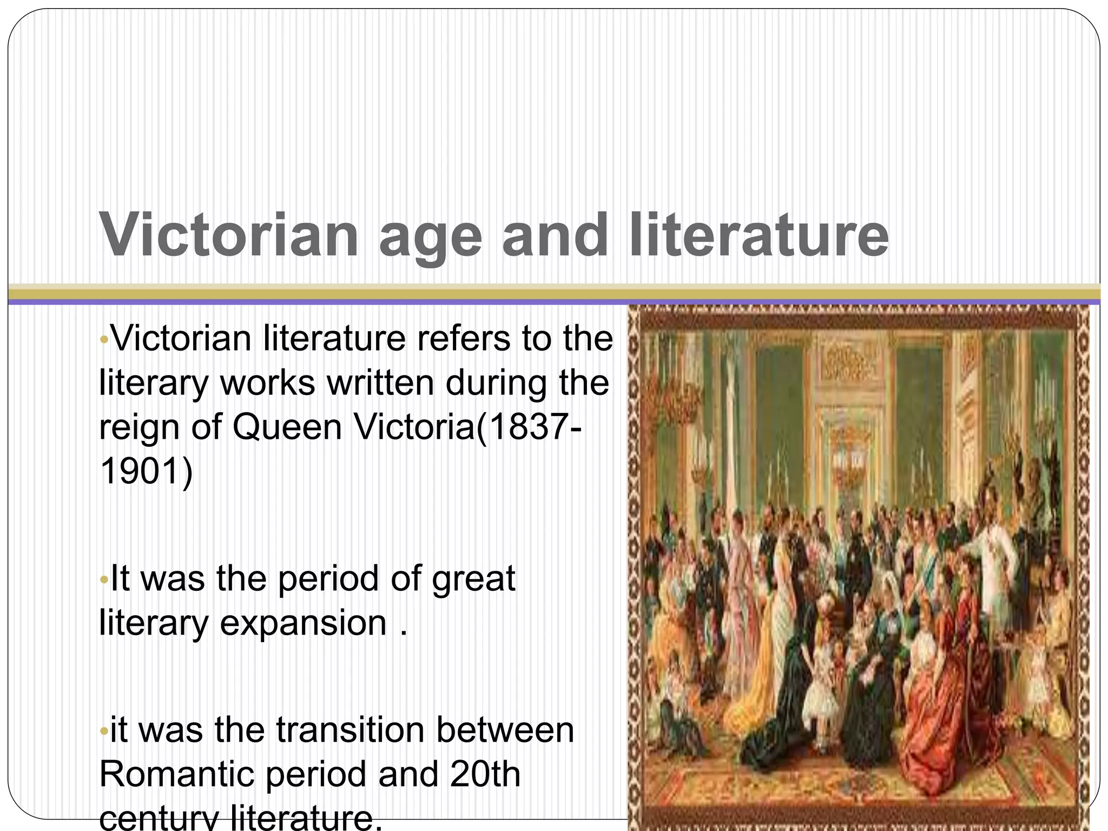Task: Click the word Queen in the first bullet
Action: pyautogui.click(x=287, y=427)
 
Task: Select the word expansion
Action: pyautogui.click(x=303, y=623)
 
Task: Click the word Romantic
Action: pyautogui.click(x=176, y=774)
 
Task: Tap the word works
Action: pyautogui.click(x=267, y=382)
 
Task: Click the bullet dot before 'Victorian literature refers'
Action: pyautogui.click(x=104, y=340)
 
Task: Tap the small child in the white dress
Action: pyautogui.click(x=825, y=682)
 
